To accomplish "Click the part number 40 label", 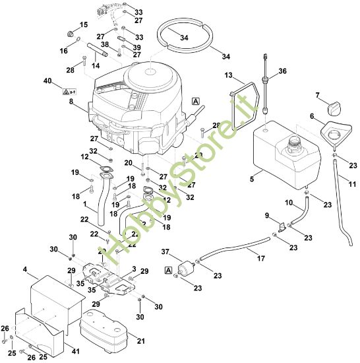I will (x=47, y=81).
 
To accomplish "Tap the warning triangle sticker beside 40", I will (x=67, y=88).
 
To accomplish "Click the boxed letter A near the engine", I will (x=195, y=101).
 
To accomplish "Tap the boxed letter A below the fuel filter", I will (x=168, y=270).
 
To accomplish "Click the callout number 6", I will (x=312, y=116).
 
